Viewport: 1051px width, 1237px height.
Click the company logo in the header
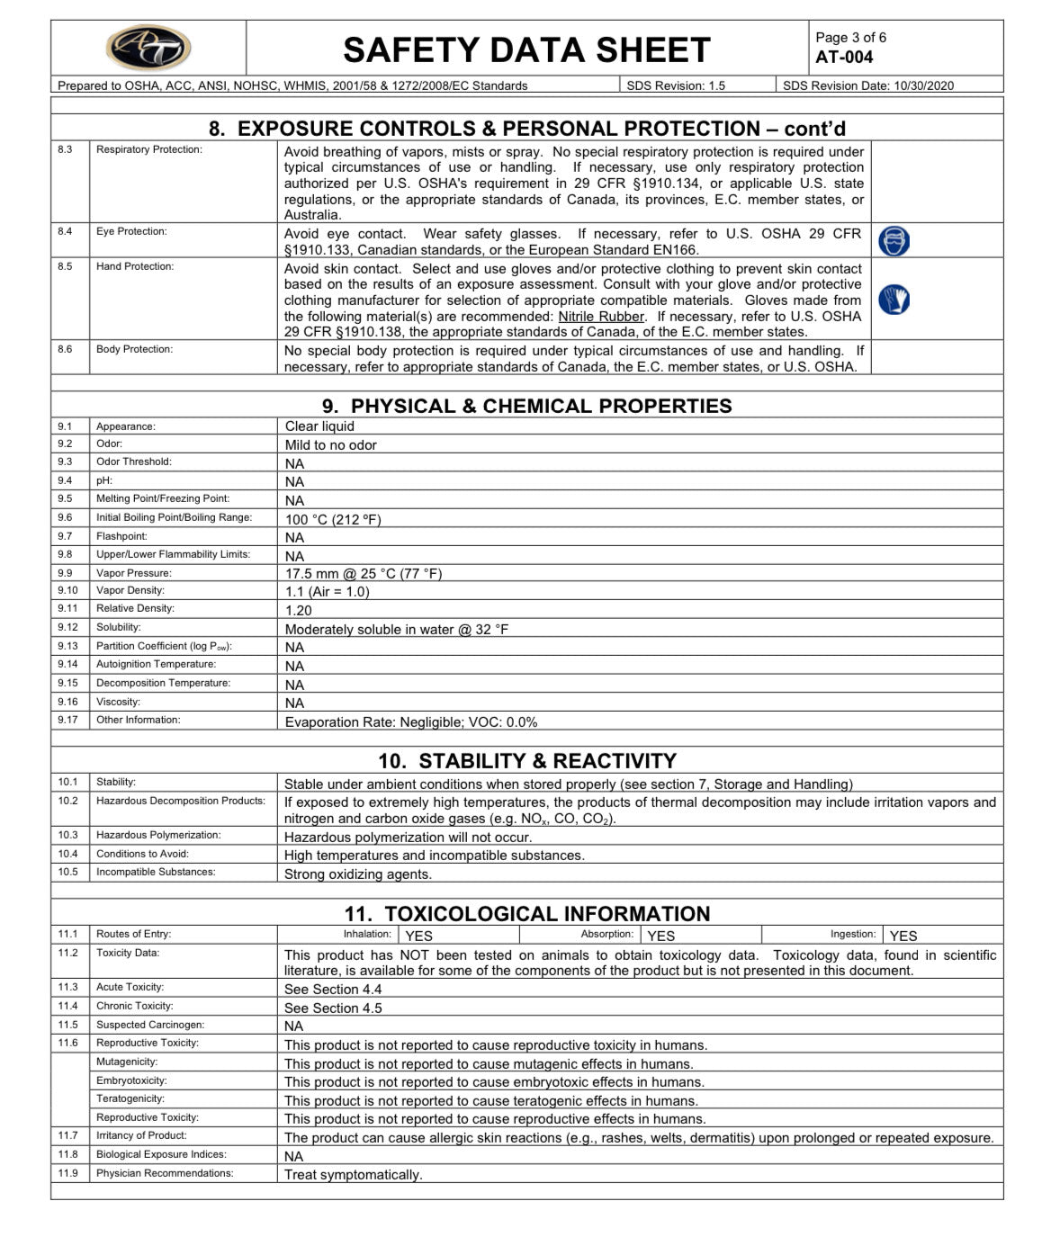click(148, 48)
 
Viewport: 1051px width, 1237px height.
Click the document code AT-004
click(844, 58)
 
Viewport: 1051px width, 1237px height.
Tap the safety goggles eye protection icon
click(894, 241)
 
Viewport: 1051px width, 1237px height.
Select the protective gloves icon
click(894, 300)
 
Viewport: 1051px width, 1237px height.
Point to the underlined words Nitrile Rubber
click(601, 317)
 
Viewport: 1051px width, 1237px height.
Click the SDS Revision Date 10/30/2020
click(867, 86)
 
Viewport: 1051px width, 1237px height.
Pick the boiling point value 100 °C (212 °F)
click(333, 519)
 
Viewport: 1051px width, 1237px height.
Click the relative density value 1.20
click(299, 610)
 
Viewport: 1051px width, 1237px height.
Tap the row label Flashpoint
click(121, 536)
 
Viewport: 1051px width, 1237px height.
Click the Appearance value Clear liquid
click(319, 426)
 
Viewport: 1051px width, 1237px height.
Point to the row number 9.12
click(67, 627)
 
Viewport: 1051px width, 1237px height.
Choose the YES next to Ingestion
click(903, 936)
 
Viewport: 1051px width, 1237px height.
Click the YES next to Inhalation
click(419, 936)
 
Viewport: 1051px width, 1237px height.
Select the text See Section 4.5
click(333, 1008)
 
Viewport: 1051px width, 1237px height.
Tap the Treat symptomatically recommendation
click(353, 1175)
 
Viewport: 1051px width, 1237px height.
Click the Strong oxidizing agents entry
click(358, 874)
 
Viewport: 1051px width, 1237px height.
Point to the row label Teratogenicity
click(130, 1098)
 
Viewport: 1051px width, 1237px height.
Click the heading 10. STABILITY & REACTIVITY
click(526, 761)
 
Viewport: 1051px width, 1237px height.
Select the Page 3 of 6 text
click(850, 38)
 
